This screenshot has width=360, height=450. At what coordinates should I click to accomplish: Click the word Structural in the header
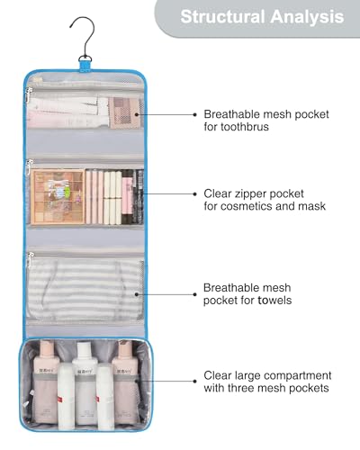point(222,17)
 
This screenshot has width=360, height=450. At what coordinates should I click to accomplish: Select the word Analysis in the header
point(307,17)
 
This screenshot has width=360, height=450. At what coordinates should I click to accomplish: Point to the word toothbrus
point(236,127)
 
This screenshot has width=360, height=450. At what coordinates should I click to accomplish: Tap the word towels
point(274,301)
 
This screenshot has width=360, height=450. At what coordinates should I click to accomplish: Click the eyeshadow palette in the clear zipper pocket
point(58,197)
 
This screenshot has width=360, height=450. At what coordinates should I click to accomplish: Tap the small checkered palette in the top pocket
point(124,112)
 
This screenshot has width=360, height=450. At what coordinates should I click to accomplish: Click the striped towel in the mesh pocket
point(85,290)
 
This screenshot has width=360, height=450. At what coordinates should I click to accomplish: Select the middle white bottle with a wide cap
point(85,383)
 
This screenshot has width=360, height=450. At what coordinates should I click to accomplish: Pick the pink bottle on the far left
point(46,381)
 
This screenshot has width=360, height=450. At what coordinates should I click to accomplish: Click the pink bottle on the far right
point(125,381)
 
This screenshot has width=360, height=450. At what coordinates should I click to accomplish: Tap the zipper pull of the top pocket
point(28,94)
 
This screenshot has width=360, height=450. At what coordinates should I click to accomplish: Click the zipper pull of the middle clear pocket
point(29,166)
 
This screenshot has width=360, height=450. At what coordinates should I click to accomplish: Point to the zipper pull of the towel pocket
point(29,259)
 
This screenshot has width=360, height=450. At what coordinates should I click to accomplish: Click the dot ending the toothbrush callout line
point(195,114)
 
